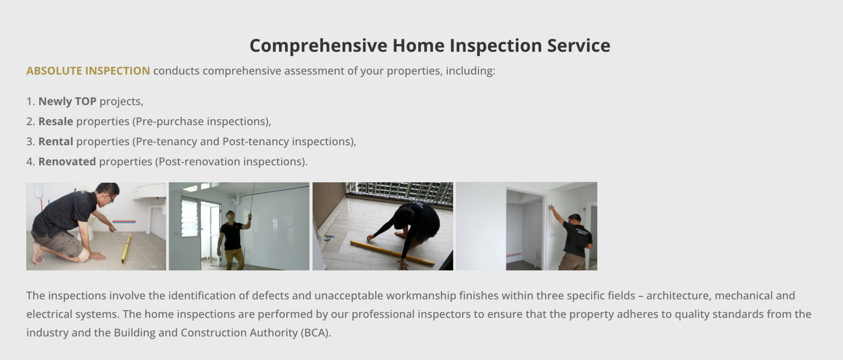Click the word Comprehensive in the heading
318,46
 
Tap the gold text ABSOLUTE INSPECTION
88,71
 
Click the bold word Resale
56,121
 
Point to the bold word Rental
56,142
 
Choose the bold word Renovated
67,162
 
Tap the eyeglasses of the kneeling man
110,198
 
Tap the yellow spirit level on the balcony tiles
392,253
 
